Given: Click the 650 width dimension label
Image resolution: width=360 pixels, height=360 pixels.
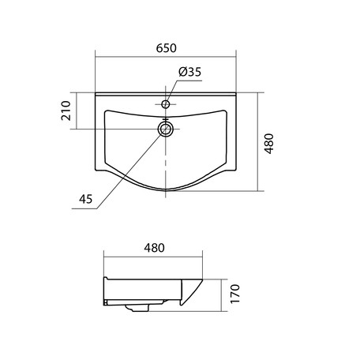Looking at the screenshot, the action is coord(166,48).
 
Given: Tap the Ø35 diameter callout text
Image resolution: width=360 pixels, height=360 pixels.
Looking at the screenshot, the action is coord(189,72).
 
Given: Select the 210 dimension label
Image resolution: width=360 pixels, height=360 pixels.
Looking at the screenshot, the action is coord(66,111).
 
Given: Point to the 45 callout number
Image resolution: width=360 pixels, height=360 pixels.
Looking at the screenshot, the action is coord(86,199).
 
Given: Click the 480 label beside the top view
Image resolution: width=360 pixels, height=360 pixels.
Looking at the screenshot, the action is coord(269,144).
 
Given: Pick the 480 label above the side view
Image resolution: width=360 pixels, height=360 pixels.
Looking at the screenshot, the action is coord(154,248).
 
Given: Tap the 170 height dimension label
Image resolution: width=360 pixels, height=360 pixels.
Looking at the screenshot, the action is coord(235,294).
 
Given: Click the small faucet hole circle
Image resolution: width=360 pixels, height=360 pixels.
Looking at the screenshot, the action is coord(166,104).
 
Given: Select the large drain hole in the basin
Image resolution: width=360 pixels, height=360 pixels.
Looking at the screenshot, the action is coord(166,129).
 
